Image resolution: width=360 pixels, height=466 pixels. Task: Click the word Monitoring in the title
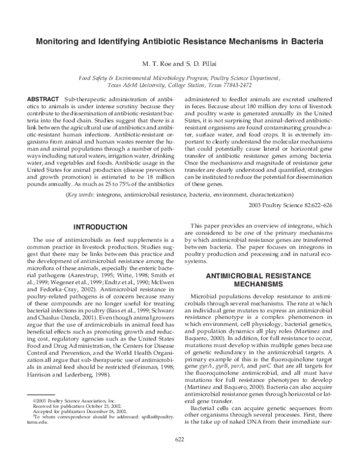click(x=58, y=43)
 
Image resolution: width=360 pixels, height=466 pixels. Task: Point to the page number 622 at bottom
click(x=180, y=456)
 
